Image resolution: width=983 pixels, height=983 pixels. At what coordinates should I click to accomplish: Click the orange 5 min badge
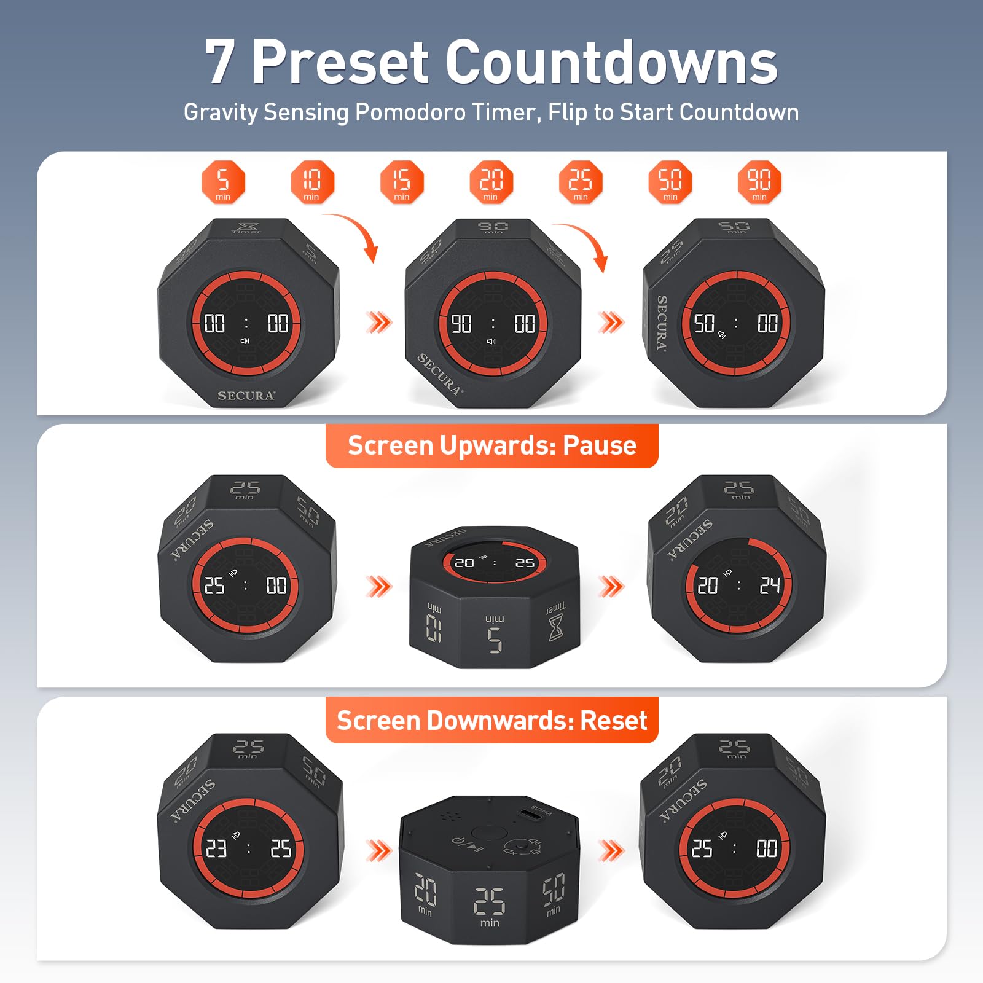tap(223, 182)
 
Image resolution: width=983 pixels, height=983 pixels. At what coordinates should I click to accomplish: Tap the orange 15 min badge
tap(402, 182)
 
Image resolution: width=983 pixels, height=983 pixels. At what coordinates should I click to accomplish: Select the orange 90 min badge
tap(759, 182)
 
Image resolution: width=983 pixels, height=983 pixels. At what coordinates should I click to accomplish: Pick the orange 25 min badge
tap(581, 182)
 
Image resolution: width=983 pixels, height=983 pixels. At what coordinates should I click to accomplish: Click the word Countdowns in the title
tap(611, 62)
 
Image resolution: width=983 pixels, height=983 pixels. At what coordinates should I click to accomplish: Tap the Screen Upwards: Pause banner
tap(491, 445)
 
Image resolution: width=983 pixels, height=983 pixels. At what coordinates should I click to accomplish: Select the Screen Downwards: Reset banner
tap(491, 720)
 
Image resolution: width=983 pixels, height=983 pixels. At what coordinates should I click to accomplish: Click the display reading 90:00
tap(493, 323)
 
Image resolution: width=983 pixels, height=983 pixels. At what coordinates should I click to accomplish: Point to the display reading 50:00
tap(735, 323)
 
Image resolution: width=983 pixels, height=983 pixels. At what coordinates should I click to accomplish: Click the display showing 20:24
tap(738, 585)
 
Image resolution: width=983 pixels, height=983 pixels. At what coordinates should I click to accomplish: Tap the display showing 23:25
tap(248, 848)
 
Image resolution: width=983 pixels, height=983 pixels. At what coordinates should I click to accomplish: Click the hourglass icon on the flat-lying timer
tap(555, 627)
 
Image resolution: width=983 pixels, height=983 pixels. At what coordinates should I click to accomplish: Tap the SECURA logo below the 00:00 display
tap(246, 396)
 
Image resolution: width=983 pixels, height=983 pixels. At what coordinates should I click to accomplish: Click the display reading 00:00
tap(246, 323)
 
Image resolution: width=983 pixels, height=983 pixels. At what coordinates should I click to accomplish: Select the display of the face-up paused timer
tap(495, 562)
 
